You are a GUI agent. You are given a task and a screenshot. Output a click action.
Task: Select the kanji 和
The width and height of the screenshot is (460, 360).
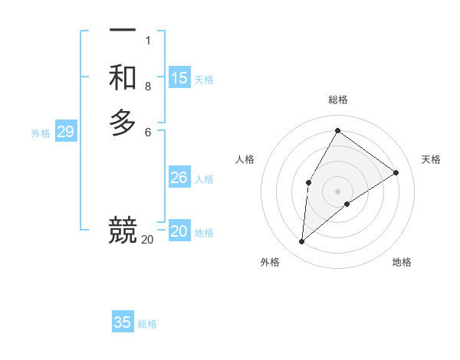123,77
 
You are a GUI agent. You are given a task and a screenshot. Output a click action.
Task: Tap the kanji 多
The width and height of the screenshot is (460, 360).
123,123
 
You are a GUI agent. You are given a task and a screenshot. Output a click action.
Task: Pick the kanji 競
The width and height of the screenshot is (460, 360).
123,230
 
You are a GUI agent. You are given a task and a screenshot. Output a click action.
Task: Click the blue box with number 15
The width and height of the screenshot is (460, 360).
179,77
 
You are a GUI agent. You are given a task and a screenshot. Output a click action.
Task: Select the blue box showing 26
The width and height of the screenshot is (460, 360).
179,178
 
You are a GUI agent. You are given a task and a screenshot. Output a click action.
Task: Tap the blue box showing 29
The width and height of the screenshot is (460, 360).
65,132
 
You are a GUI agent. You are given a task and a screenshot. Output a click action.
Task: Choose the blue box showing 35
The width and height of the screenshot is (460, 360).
123,322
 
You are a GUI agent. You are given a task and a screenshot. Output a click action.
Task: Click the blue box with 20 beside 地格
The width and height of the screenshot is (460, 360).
179,231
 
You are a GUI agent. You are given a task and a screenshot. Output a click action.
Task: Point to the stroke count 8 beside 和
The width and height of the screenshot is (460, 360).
148,87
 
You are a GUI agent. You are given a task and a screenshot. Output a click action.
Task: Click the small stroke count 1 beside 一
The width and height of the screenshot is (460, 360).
148,41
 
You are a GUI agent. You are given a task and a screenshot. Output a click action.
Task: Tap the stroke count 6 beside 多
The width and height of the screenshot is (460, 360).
148,133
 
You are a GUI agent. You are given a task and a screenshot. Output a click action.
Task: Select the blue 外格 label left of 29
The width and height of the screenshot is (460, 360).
41,133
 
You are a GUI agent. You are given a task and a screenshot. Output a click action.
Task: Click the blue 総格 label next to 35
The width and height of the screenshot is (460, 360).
147,324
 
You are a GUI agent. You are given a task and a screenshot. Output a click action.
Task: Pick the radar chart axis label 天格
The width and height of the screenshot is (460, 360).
432,159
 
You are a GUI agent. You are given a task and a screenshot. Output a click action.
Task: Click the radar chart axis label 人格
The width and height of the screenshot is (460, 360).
245,159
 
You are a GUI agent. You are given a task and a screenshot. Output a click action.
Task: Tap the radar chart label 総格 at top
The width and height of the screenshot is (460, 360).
338,100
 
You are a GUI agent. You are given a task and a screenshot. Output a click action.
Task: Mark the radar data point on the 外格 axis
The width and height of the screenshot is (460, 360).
302,242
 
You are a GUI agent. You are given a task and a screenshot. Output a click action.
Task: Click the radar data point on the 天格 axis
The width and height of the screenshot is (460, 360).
396,172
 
